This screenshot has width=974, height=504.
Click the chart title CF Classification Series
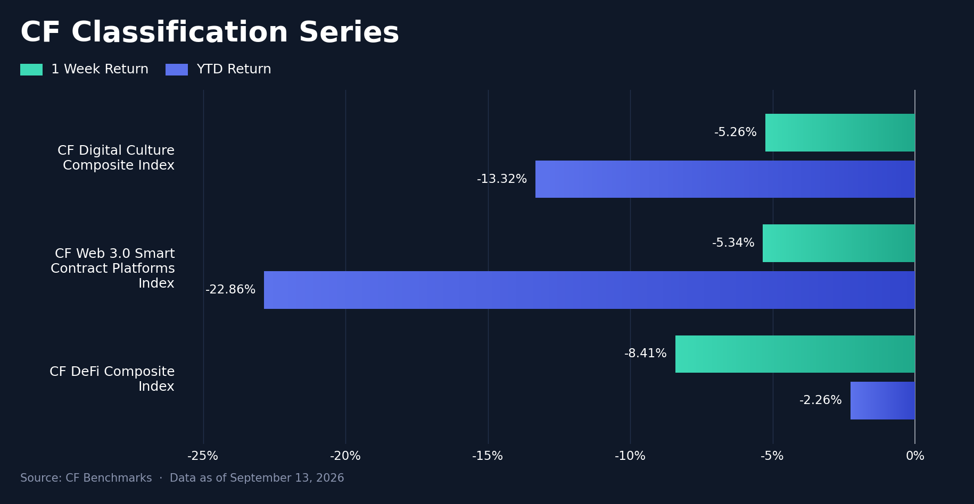pyautogui.click(x=210, y=32)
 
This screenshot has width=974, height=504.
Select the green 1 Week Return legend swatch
pyautogui.click(x=31, y=70)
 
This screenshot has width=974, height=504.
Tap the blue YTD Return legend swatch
pyautogui.click(x=177, y=70)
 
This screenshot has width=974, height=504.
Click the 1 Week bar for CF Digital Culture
pyautogui.click(x=840, y=132)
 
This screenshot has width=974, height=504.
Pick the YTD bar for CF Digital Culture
pyautogui.click(x=725, y=179)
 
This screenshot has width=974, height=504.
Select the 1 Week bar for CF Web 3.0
pyautogui.click(x=839, y=243)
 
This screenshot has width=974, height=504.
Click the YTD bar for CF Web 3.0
pyautogui.click(x=589, y=290)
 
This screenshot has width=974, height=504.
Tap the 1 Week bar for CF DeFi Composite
pyautogui.click(x=795, y=354)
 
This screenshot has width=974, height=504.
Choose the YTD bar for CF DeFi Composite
pyautogui.click(x=882, y=400)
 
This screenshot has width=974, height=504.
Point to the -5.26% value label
pyautogui.click(x=736, y=132)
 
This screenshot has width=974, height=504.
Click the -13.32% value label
pyautogui.click(x=502, y=179)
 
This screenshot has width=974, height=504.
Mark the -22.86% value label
pyautogui.click(x=230, y=290)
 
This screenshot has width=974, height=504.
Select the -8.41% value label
pyautogui.click(x=646, y=354)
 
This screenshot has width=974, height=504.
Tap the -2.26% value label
pyautogui.click(x=821, y=400)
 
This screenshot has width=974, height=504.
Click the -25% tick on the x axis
pyautogui.click(x=203, y=456)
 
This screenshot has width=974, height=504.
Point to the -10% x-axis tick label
pyautogui.click(x=630, y=456)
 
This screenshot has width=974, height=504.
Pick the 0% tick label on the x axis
pyautogui.click(x=915, y=456)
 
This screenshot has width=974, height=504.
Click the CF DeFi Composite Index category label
pyautogui.click(x=112, y=379)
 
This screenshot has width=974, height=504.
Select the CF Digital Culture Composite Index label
pyautogui.click(x=116, y=158)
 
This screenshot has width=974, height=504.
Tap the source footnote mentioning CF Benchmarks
pyautogui.click(x=182, y=478)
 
